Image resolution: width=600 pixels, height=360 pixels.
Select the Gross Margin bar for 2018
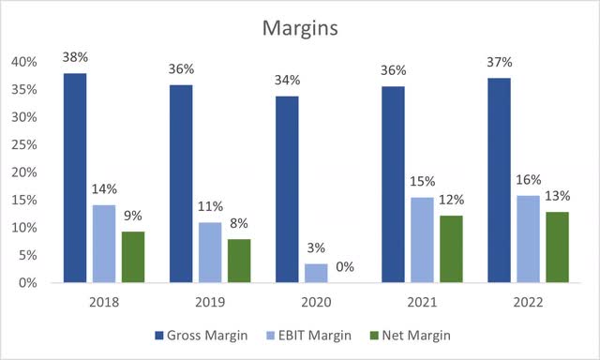[x=75, y=178]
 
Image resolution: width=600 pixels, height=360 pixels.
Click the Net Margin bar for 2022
[x=557, y=247]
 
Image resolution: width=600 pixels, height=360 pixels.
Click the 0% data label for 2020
[x=345, y=266]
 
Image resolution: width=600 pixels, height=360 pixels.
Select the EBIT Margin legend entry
[x=315, y=335]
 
